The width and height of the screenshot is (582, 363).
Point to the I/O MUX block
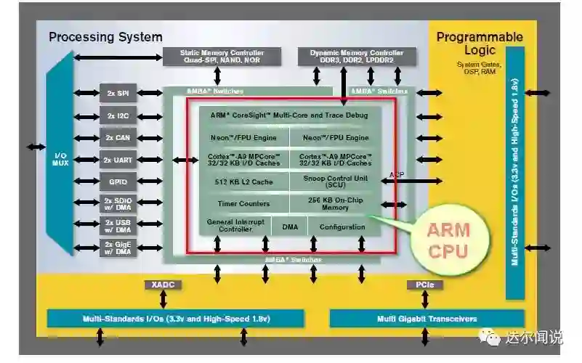60,160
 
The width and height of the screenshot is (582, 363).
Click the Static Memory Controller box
213,57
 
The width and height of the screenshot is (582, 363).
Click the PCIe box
425,285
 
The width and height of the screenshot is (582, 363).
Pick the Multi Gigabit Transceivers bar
427,319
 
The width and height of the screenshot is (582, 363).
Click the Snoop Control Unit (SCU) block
335,181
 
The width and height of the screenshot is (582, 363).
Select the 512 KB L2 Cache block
243,181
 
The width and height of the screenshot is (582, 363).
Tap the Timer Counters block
243,204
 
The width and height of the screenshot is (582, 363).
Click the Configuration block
342,227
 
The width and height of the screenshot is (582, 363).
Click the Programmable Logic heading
479,44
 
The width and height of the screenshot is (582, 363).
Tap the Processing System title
105,37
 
